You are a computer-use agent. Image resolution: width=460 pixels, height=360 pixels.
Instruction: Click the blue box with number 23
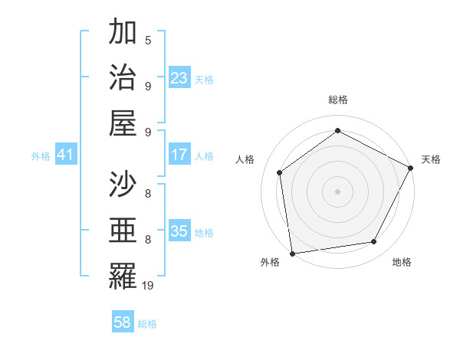coord(179,77)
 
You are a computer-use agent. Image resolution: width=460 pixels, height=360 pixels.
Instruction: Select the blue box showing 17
coord(179,155)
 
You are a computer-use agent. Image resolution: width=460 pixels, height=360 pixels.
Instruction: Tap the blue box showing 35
coord(179,231)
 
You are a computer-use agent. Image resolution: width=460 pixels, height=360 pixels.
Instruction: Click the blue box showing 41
coord(66,155)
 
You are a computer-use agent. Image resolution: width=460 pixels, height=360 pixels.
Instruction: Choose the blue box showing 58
coord(123,322)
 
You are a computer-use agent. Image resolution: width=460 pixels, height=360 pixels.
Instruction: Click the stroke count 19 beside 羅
coord(148,285)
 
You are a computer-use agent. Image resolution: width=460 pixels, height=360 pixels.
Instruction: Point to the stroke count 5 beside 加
coord(148,39)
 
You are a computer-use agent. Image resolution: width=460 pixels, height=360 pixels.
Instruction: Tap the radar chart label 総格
coord(337,100)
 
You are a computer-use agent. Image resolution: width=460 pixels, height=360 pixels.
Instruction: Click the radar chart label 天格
coord(432,159)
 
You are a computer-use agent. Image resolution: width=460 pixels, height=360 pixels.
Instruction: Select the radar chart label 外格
coord(270,262)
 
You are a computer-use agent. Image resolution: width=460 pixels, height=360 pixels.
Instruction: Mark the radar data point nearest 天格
coord(412,168)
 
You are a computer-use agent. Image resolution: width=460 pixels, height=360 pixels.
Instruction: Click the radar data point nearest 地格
coord(374,242)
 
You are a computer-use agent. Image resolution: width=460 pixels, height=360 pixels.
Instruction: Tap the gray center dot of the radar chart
coord(337,191)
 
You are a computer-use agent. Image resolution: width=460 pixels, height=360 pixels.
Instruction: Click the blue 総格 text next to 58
coord(147,324)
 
